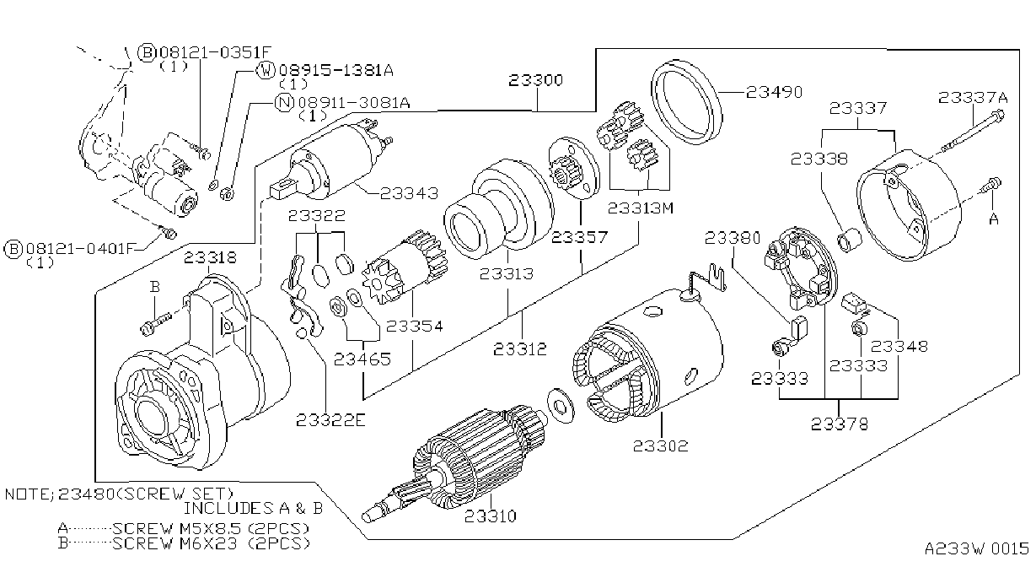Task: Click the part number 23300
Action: tap(535, 80)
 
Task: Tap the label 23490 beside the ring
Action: tap(775, 93)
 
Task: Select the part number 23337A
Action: tap(973, 98)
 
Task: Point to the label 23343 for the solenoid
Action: tap(409, 193)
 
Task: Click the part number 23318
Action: tap(211, 257)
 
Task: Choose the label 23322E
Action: tap(330, 420)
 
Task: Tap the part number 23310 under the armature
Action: tap(491, 516)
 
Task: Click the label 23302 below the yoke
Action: tap(660, 446)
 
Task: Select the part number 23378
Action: tap(840, 424)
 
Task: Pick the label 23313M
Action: tap(641, 208)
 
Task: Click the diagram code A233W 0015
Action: tap(977, 548)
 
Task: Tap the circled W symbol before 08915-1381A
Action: tap(266, 70)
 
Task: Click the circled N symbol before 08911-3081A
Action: tap(284, 102)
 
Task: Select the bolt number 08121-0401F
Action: tap(79, 249)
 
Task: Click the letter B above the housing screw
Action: tap(155, 287)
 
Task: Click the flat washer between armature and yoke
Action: tap(561, 406)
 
